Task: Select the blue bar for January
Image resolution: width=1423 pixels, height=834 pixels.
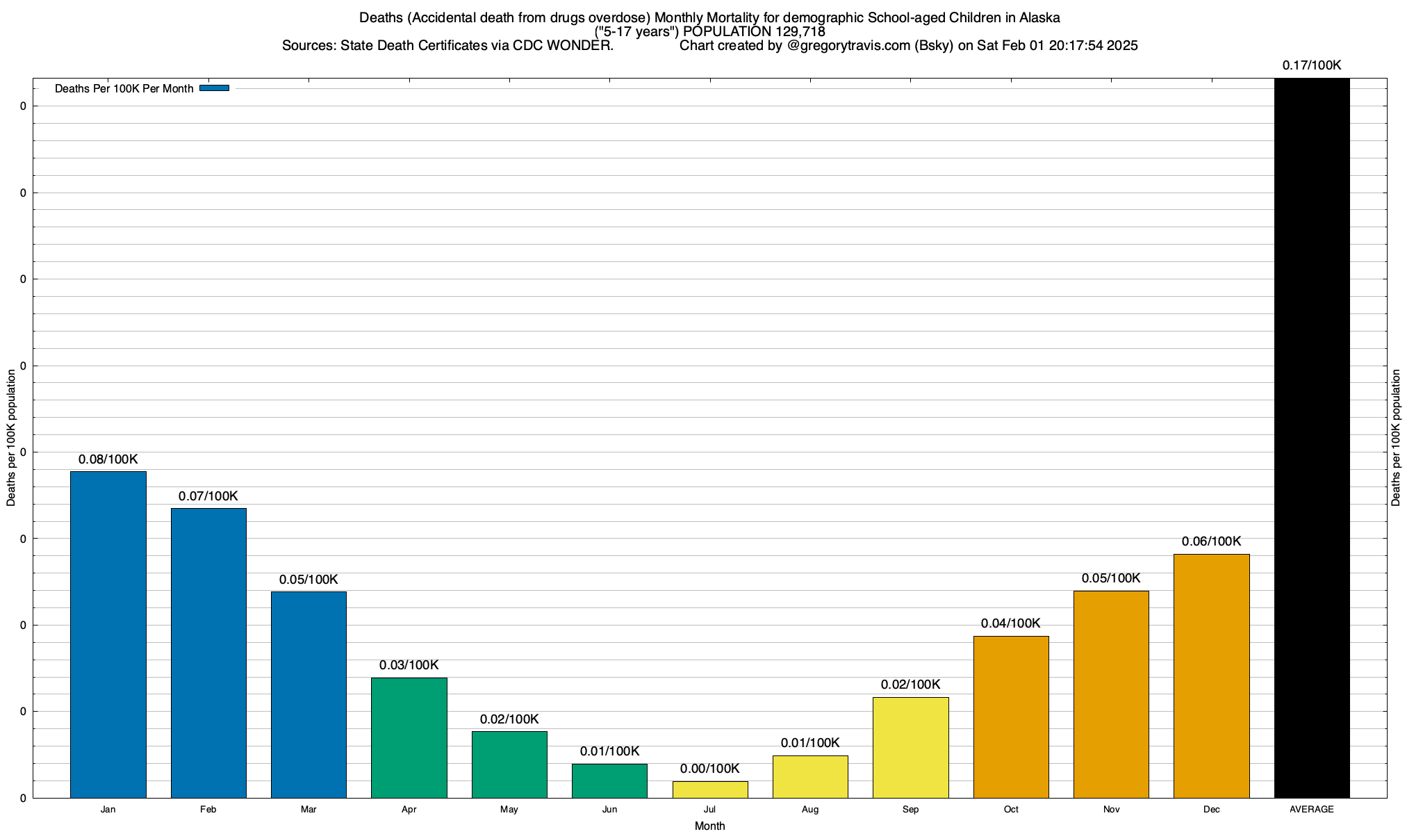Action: point(108,634)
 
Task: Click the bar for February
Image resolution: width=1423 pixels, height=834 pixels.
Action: point(208,653)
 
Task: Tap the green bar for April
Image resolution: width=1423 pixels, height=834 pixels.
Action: point(409,737)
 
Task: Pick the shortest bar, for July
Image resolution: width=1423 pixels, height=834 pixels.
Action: point(710,790)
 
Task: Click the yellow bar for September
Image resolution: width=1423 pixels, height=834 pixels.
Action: point(911,747)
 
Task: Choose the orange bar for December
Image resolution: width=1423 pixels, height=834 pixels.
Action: point(1212,676)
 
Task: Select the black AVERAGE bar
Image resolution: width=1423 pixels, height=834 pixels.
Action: point(1312,438)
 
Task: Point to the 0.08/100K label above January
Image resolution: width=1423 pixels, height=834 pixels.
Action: point(108,459)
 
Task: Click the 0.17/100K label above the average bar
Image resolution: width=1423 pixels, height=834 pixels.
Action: point(1312,65)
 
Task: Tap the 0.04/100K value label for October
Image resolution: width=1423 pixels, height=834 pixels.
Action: point(1011,623)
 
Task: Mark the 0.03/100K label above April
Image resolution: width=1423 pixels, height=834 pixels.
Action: point(409,665)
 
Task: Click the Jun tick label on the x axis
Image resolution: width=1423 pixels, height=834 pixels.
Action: point(609,810)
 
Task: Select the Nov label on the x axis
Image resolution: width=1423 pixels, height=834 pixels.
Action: point(1111,810)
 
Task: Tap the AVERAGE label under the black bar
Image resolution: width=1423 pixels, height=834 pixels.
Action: point(1312,810)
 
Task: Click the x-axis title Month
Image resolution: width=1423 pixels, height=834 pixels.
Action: point(709,826)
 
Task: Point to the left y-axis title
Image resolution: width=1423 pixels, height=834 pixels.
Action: point(11,438)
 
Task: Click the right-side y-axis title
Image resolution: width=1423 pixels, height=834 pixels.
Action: point(1396,438)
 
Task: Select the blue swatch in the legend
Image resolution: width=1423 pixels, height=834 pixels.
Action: point(214,88)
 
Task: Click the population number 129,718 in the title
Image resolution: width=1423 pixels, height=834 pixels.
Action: point(800,31)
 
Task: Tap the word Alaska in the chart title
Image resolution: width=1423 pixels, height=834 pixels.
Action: point(1039,17)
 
